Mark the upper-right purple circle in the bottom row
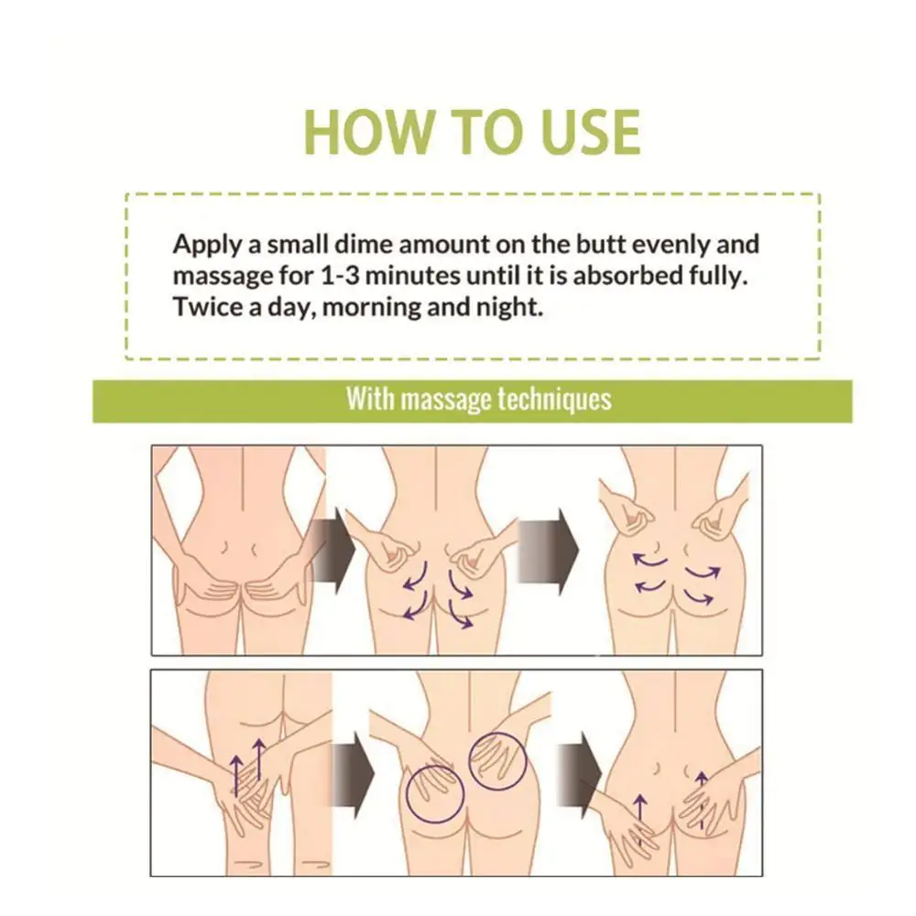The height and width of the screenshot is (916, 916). coord(497,760)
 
